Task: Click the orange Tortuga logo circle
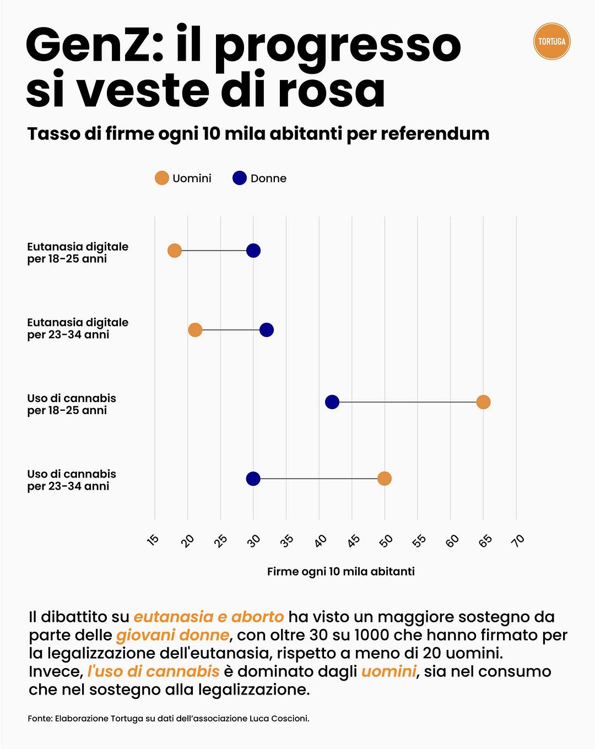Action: (551, 41)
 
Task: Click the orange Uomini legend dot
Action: (161, 178)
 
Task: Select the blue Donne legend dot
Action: (240, 178)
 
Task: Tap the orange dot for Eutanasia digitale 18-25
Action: (175, 251)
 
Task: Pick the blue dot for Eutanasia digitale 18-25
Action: (253, 251)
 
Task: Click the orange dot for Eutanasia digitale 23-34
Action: (195, 330)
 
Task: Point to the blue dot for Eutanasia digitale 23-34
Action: (267, 330)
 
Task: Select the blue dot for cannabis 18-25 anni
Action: (332, 402)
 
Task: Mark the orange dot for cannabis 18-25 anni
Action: (483, 402)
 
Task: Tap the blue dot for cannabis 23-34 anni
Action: (253, 479)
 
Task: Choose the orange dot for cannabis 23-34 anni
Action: (385, 479)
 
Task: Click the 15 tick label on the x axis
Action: (153, 540)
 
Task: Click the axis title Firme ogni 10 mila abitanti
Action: (340, 572)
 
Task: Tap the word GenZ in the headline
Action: (94, 45)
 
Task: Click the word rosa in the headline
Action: (331, 90)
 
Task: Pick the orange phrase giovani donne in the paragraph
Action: (172, 635)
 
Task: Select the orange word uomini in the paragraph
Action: (388, 671)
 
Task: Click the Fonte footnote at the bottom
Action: (168, 718)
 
